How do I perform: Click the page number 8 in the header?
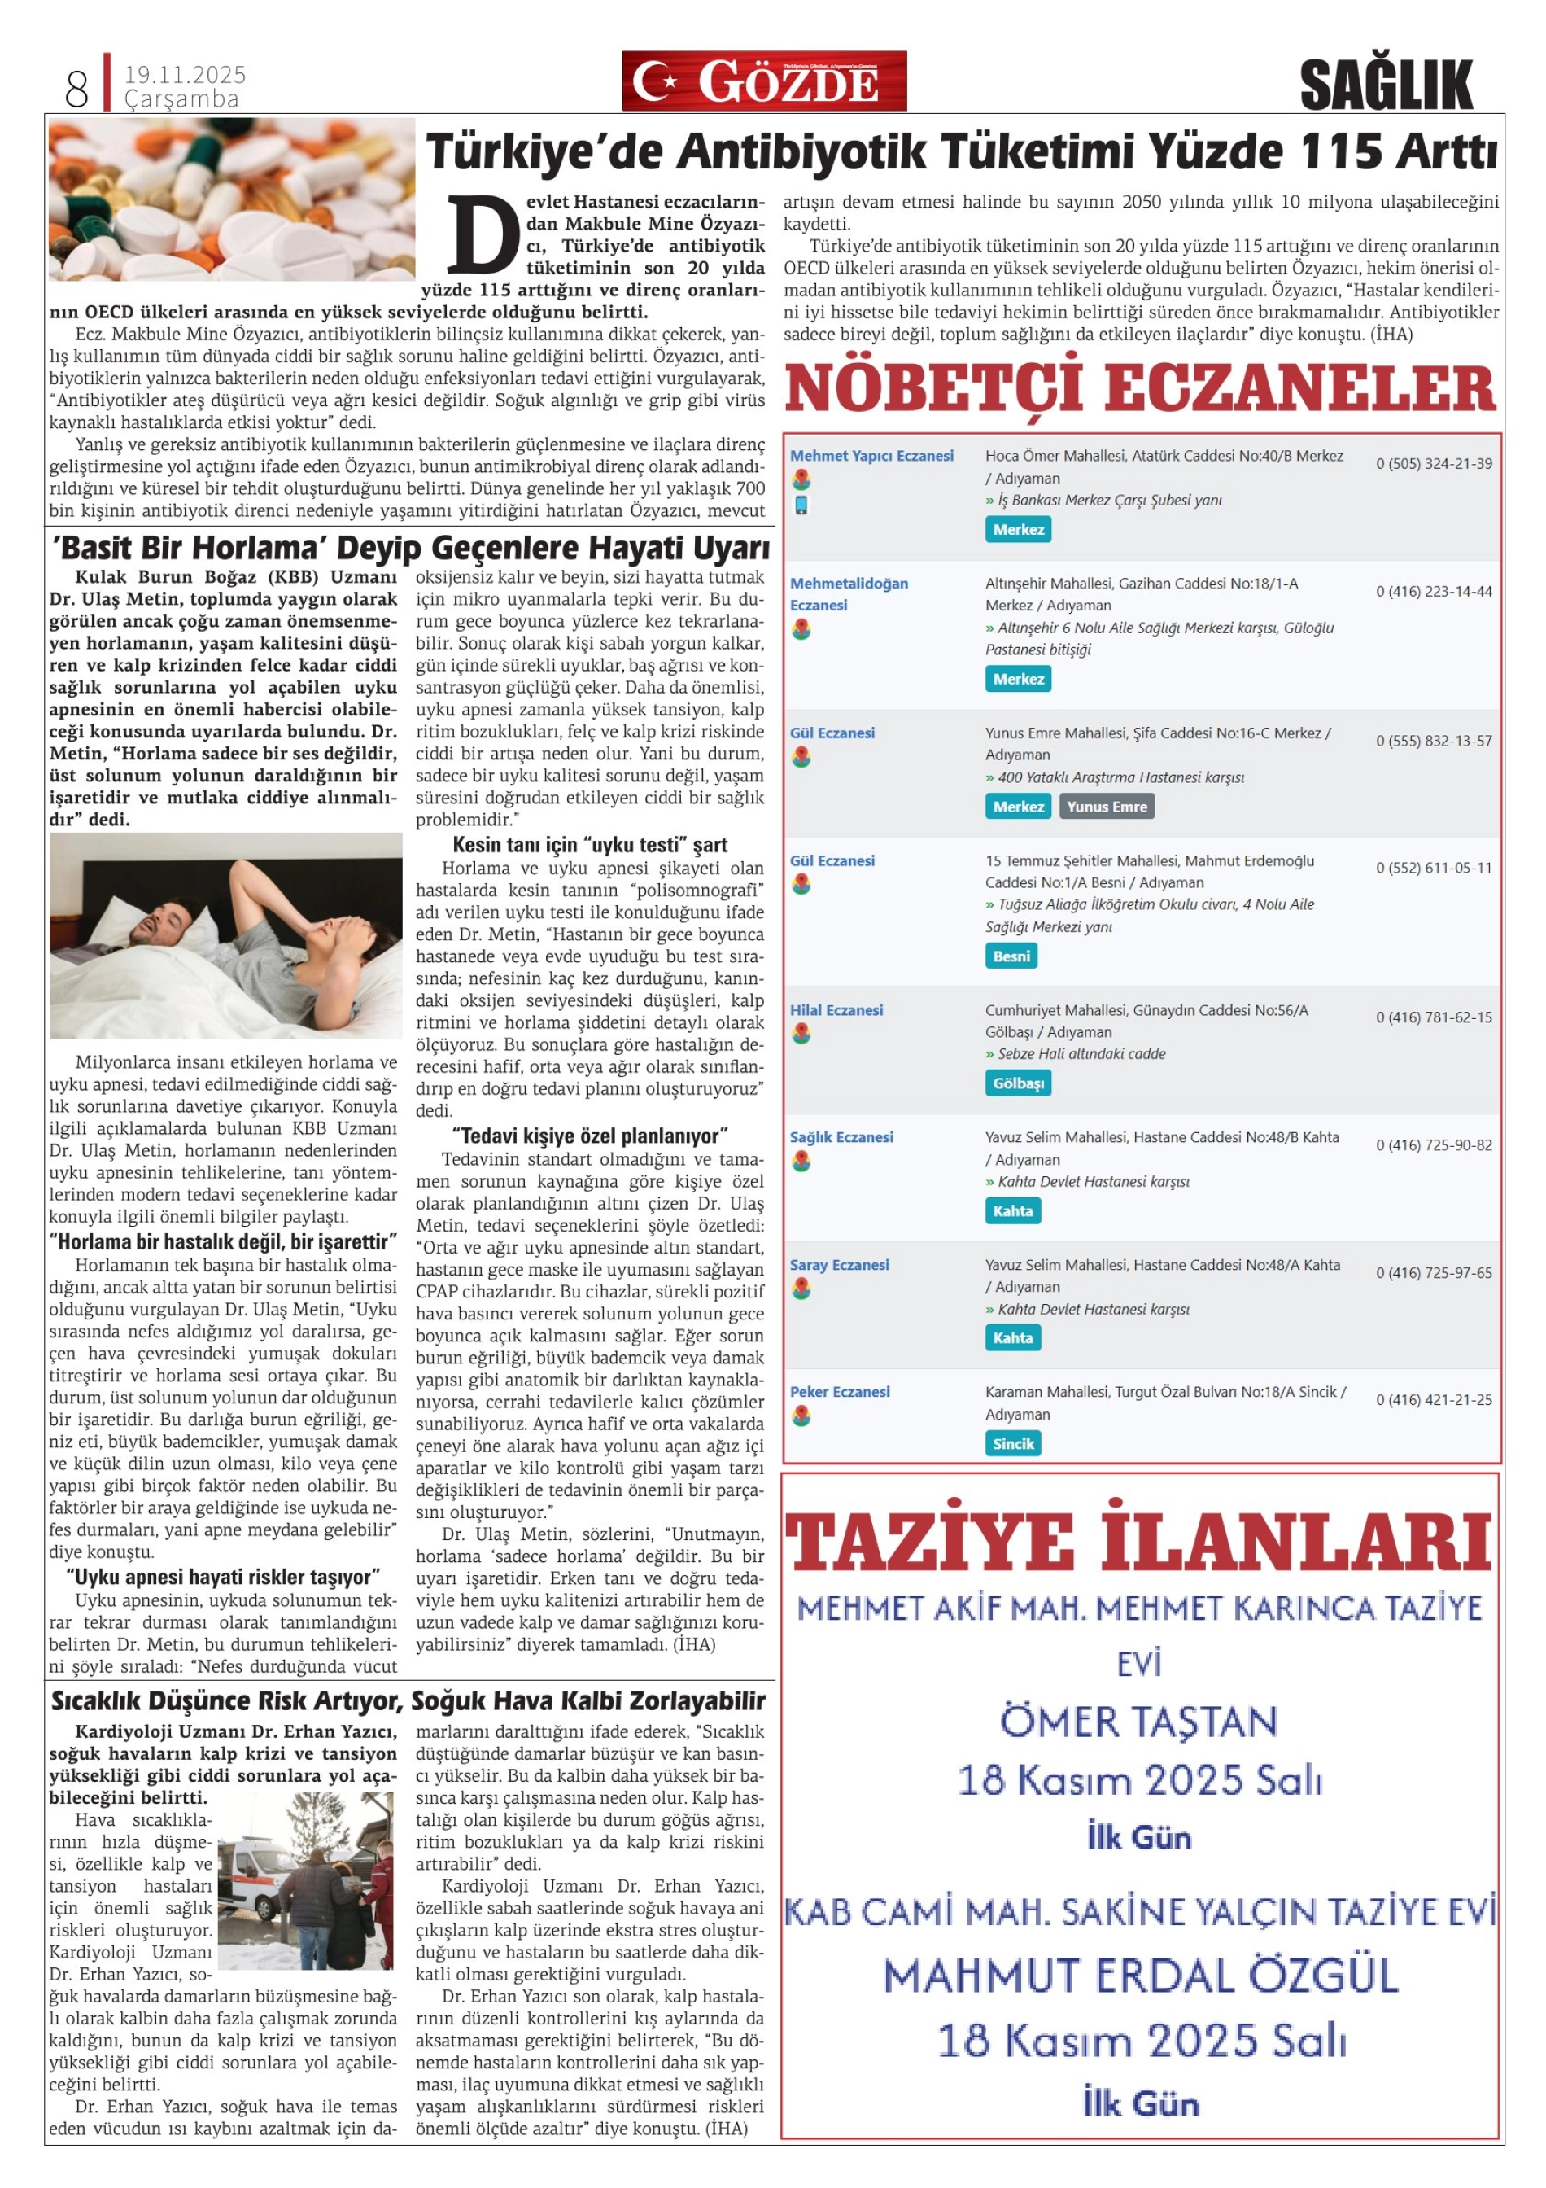click(x=76, y=90)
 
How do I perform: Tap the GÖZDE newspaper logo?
click(x=764, y=81)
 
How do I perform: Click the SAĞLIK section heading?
click(x=1385, y=85)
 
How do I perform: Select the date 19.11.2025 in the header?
click(x=185, y=74)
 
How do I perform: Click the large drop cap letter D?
click(x=482, y=234)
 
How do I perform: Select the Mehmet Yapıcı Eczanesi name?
click(x=871, y=456)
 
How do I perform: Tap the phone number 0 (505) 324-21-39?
click(x=1433, y=464)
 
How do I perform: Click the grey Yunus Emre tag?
click(x=1106, y=806)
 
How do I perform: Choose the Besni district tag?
click(x=1011, y=956)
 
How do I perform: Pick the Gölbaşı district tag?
click(x=1017, y=1083)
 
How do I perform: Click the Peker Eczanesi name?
click(x=839, y=1391)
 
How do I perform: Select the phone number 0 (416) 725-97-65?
click(x=1433, y=1272)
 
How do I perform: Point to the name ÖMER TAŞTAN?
click(x=1138, y=1722)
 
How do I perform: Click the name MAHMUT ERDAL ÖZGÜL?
click(x=1139, y=1976)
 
